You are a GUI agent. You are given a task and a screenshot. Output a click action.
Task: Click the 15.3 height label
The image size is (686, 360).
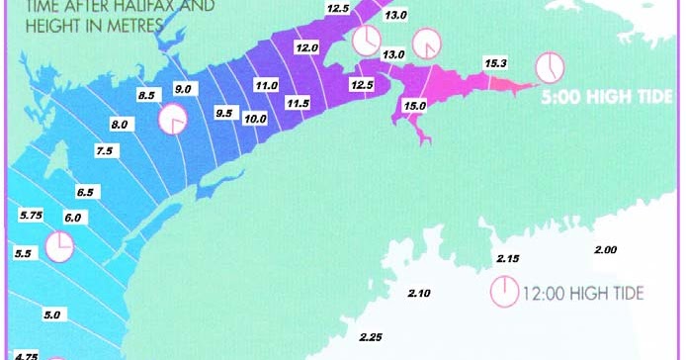495,64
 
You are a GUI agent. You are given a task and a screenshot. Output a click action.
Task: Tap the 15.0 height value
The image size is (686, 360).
415,106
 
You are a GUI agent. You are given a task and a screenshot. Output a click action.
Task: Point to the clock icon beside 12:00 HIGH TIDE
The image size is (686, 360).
504,292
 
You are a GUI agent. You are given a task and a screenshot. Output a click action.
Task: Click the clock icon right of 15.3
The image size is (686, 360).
549,67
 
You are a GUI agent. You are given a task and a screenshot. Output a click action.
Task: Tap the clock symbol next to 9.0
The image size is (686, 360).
173,119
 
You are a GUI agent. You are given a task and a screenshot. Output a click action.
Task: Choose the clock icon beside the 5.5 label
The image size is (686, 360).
59,246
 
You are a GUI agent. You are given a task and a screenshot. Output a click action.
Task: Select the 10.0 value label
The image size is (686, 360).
255,119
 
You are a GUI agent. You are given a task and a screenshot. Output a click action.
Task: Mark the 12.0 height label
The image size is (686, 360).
306,47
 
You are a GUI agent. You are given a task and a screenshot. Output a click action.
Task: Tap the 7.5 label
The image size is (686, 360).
105,150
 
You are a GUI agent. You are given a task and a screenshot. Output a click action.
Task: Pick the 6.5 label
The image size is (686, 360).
85,192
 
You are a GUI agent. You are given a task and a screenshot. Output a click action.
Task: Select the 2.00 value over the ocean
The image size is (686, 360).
604,250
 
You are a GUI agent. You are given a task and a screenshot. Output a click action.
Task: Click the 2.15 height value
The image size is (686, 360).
507,258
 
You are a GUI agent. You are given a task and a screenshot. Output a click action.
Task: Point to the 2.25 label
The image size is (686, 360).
371,337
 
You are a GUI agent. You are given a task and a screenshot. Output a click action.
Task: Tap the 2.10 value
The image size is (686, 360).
419,293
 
